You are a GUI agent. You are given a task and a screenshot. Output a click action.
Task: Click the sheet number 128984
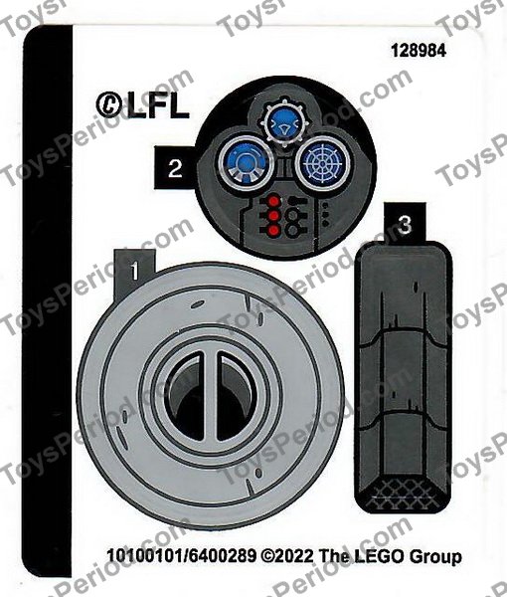tap(438, 51)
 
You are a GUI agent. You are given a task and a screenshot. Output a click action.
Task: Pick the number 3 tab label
tap(404, 225)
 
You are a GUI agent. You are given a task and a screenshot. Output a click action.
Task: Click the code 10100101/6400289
tap(179, 558)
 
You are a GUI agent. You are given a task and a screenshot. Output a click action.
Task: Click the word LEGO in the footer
tap(372, 558)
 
